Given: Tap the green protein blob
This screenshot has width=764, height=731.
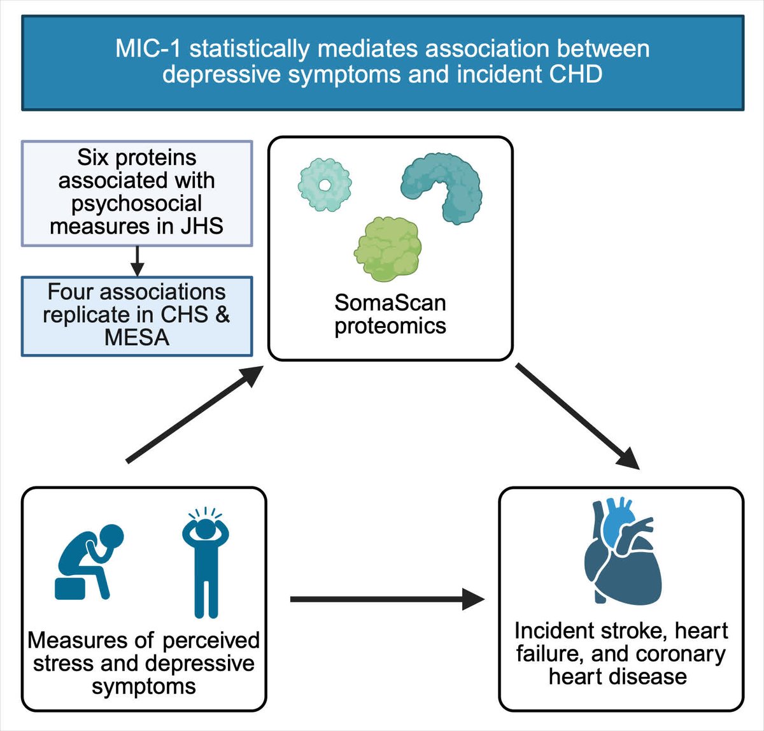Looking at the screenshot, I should pyautogui.click(x=386, y=248).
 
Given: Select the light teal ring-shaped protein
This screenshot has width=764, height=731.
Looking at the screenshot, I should pyautogui.click(x=325, y=185).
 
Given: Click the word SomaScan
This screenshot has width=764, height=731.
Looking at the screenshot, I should pyautogui.click(x=390, y=302).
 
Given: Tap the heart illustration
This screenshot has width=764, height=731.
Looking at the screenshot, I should pyautogui.click(x=621, y=554).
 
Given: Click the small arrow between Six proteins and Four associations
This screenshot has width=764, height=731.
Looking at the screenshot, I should pyautogui.click(x=137, y=260).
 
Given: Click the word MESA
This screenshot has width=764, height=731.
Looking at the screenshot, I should pyautogui.click(x=137, y=337).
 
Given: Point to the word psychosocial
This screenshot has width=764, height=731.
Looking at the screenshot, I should pyautogui.click(x=137, y=204).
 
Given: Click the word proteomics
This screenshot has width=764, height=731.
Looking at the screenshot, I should pyautogui.click(x=390, y=325).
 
